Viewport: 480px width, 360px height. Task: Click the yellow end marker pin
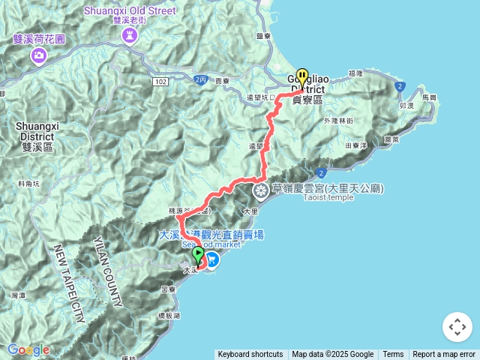point(302,76)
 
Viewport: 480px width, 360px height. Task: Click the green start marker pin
point(198,255)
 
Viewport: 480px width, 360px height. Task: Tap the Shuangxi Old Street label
point(130,11)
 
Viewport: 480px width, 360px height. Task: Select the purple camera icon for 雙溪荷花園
point(38,55)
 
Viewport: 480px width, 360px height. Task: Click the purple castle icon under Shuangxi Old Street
point(129,35)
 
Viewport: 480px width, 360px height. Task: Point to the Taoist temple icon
point(261,189)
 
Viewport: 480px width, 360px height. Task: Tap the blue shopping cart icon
point(213,259)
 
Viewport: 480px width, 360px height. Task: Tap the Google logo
point(28,349)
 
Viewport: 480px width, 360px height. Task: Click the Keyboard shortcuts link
point(250,355)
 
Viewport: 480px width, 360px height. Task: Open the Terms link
point(393,355)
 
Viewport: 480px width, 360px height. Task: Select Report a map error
point(444,355)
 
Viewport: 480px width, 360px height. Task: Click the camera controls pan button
point(457,327)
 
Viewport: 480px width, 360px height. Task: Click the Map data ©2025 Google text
point(333,355)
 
